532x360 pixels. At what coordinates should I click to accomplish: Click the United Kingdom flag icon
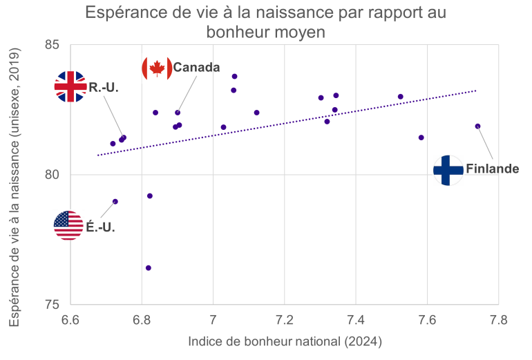tap(70, 86)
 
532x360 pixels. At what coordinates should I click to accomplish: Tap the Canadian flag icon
tap(157, 67)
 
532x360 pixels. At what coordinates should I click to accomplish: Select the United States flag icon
tap(68, 225)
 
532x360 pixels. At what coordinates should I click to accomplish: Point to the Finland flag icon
tap(448, 169)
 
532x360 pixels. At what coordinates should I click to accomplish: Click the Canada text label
tap(196, 67)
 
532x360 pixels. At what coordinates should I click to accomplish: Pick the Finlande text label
tap(492, 169)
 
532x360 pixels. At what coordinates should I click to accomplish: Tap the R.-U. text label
tap(104, 88)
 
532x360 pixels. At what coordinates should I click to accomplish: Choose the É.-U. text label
tap(100, 226)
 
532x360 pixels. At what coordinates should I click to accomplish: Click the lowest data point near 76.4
tap(149, 267)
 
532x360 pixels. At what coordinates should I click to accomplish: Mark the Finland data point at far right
tap(477, 126)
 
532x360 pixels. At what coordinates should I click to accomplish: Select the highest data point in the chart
tap(234, 76)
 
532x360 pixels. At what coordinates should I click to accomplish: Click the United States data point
tap(115, 202)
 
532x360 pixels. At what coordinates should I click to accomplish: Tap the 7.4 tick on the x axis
tap(356, 320)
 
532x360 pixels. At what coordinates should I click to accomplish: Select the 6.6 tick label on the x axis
tap(70, 320)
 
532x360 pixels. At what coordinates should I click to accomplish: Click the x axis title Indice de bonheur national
tap(285, 341)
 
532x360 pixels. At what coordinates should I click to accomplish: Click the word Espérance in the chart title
tap(124, 13)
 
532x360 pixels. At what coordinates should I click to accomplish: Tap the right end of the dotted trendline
tap(475, 91)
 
